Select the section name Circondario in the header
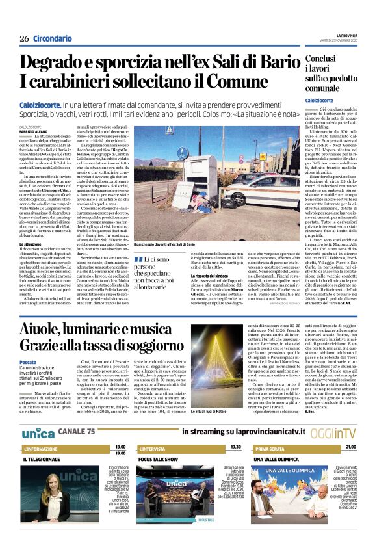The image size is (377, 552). pyautogui.click(x=51, y=38)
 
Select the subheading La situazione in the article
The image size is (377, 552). pyautogui.click(x=30, y=244)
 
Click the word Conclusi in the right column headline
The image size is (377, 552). pyautogui.click(x=325, y=59)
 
